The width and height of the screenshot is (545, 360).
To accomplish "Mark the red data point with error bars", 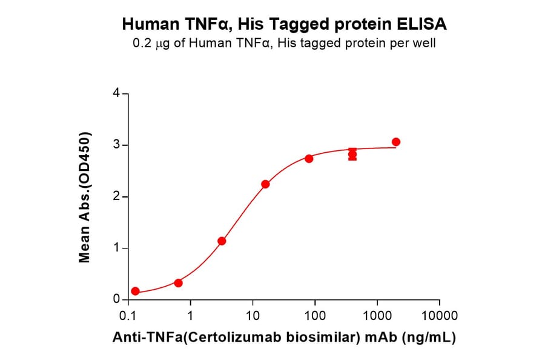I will tap(352, 155).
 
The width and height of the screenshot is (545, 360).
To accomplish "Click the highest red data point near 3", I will tap(396, 142).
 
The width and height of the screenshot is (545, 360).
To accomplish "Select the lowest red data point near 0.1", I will tap(135, 292).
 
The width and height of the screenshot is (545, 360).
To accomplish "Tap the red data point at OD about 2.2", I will tap(265, 184).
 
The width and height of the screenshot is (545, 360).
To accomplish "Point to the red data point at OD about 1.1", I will tap(222, 241).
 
